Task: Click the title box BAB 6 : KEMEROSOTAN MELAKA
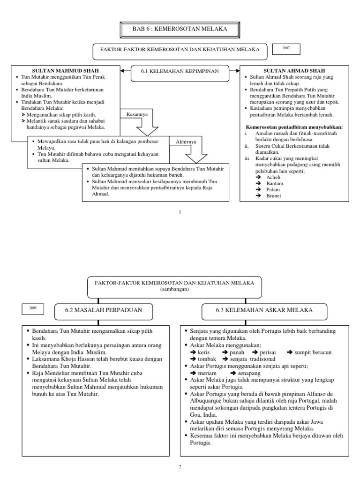(180, 30)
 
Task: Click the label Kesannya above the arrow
(136, 114)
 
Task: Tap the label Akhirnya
(187, 141)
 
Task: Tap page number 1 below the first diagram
(180, 212)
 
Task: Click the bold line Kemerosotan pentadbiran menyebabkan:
(294, 127)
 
